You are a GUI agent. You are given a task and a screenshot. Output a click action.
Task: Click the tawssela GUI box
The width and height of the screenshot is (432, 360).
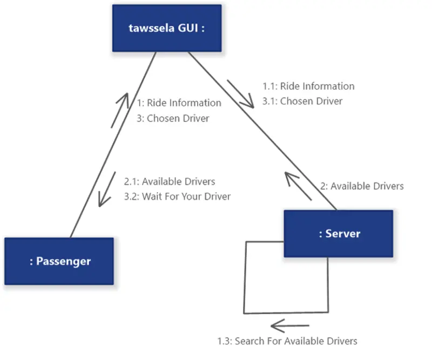point(167,28)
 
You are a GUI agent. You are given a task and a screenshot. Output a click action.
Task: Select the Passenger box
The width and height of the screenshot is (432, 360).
point(59,261)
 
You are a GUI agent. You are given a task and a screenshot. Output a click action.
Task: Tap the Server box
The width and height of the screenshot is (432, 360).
point(339,234)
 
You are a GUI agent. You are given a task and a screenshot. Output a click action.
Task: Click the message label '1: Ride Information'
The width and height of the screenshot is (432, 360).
point(179,103)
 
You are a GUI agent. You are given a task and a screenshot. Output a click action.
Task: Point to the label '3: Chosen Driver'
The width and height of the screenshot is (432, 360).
point(173,118)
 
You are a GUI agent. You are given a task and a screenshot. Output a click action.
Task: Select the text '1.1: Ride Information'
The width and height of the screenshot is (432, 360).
point(308,86)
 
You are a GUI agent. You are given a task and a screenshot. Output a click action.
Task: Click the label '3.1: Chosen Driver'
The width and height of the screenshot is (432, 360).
point(302,101)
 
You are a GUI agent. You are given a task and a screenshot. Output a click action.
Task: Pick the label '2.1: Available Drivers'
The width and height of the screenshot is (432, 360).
point(170,181)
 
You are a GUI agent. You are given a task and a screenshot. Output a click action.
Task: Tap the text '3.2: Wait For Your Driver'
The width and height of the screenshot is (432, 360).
point(177,196)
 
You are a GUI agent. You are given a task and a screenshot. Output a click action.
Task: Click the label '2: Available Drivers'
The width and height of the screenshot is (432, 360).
point(361,186)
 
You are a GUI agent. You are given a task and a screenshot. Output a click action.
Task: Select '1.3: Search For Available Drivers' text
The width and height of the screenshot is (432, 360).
point(287,341)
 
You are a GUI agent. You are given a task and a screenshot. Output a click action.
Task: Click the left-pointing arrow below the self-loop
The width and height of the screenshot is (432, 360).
point(290,325)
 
